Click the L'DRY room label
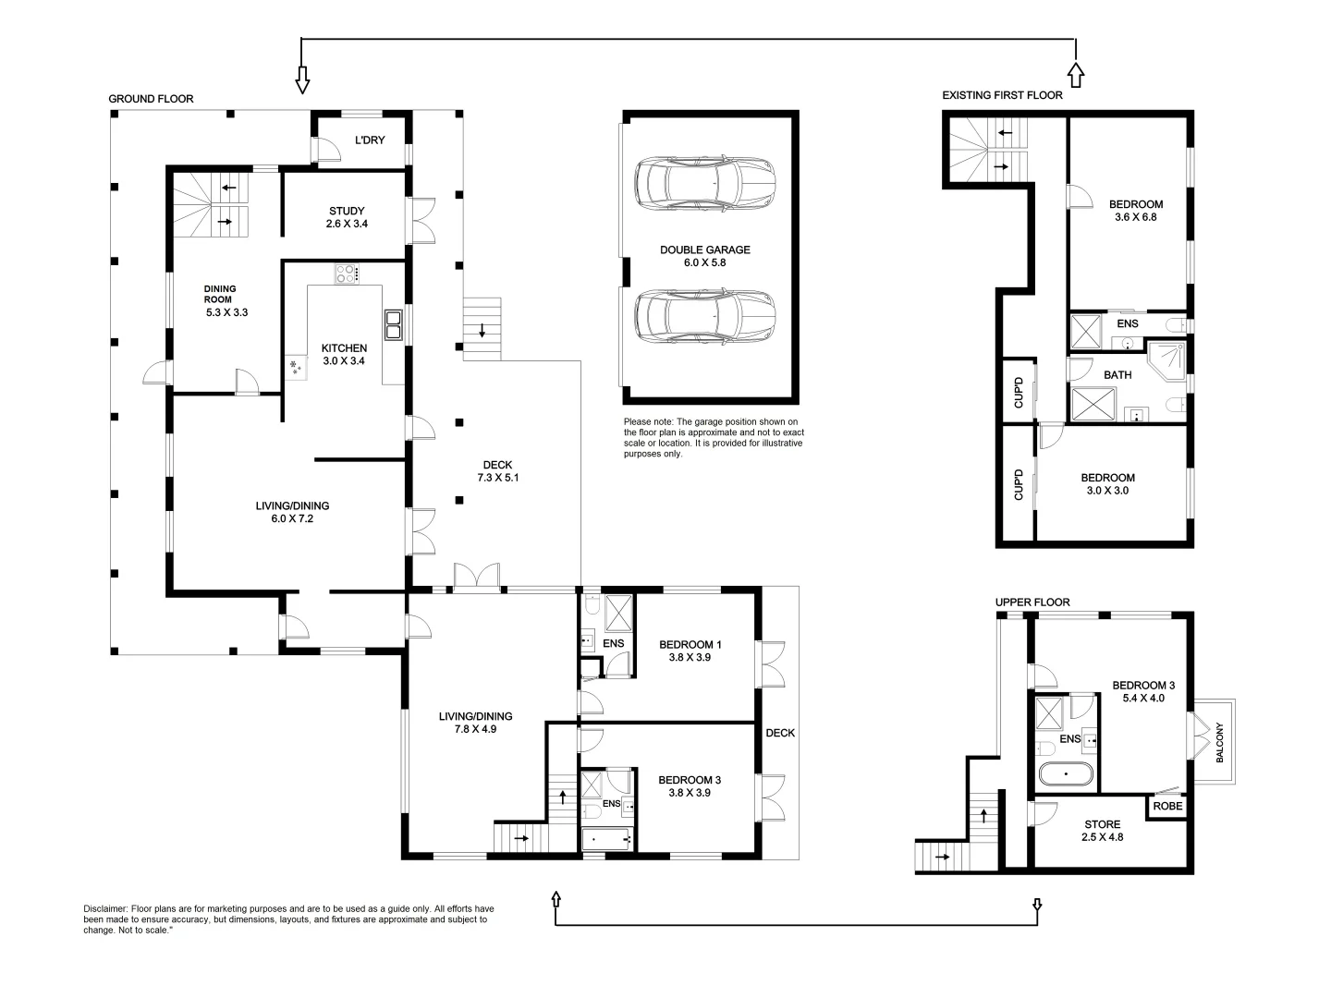coord(370,140)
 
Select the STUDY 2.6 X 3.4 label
coord(347,217)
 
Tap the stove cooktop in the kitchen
coord(347,274)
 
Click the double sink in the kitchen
coord(393,324)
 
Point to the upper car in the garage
coord(704,185)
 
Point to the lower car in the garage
coord(704,316)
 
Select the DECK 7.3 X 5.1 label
coord(497,471)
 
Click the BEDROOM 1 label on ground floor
coord(690,651)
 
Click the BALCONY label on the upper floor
coord(1219,741)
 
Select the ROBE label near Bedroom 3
coord(1167,806)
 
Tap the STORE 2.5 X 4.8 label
coord(1102,830)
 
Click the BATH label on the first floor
coord(1117,375)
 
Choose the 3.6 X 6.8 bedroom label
coord(1135,211)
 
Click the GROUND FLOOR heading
coord(151,99)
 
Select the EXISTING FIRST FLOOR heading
coord(1002,95)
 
